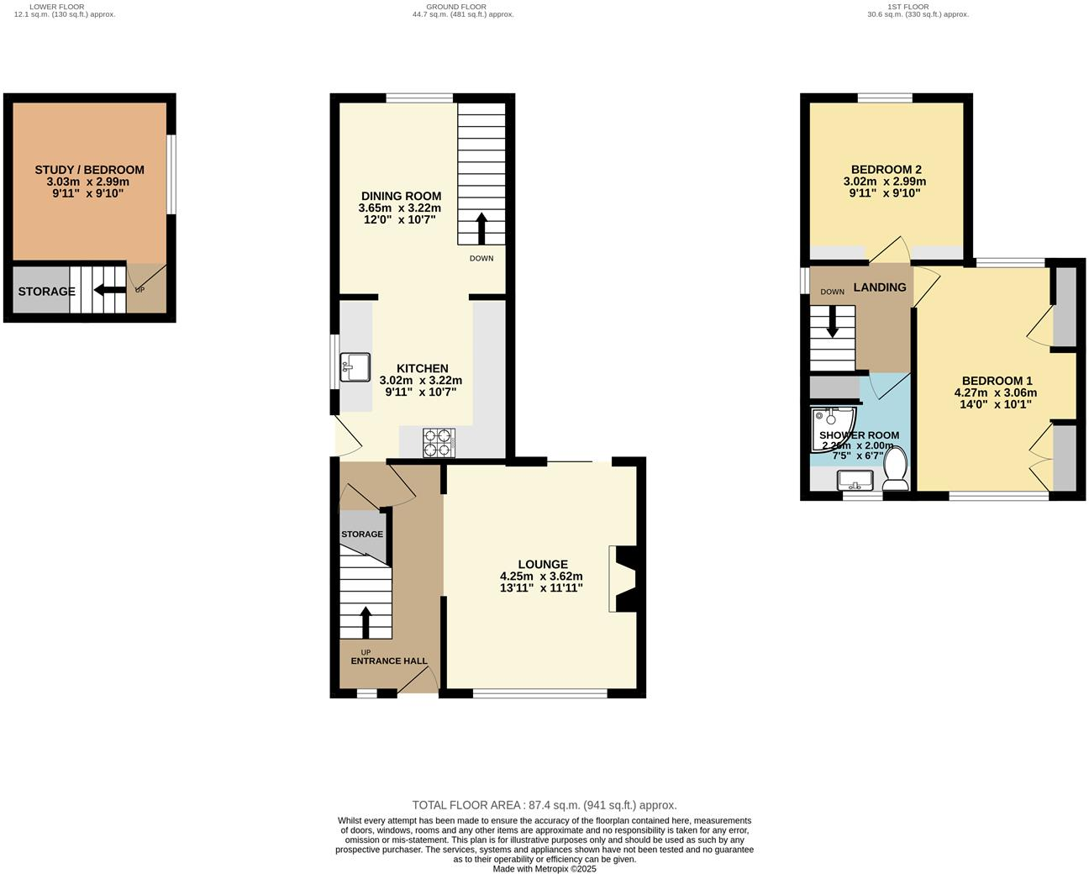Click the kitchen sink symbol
click(355, 367)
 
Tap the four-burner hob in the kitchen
click(438, 442)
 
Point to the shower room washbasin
click(855, 481)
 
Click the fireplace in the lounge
click(626, 579)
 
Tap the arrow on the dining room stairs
click(481, 228)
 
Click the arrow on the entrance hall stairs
click(366, 623)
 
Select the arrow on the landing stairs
click(833, 321)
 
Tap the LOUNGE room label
click(542, 565)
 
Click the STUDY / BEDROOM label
click(89, 170)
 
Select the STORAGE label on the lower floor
click(47, 292)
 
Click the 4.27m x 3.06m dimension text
click(995, 392)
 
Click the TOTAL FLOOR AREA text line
click(544, 805)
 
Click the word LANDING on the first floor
click(880, 287)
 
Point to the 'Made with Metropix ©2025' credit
click(544, 869)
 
